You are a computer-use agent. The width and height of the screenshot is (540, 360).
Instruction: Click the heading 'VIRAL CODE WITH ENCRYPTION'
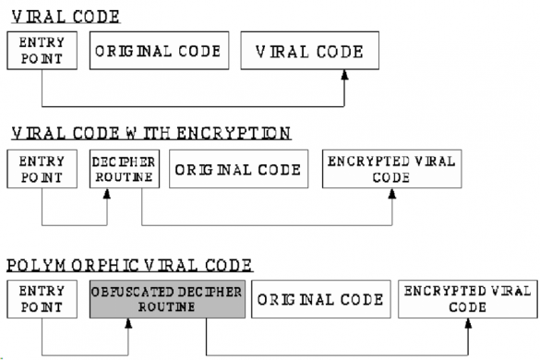[149, 133]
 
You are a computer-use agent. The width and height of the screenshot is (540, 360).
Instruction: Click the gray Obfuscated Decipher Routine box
[167, 300]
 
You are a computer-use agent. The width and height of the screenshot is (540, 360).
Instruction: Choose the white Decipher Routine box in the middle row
[124, 169]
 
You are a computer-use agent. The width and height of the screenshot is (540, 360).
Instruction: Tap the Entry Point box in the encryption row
[42, 169]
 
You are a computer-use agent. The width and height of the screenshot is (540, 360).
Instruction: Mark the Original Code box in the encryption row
[238, 169]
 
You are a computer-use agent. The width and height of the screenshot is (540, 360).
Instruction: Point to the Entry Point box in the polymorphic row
[42, 300]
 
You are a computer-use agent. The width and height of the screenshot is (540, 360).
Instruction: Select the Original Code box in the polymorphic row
[318, 300]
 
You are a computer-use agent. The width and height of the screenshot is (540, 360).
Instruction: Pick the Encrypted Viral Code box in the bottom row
[468, 300]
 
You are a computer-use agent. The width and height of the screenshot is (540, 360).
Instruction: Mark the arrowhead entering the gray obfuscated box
[128, 325]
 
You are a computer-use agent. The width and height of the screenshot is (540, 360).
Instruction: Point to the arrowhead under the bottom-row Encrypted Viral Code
[469, 325]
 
